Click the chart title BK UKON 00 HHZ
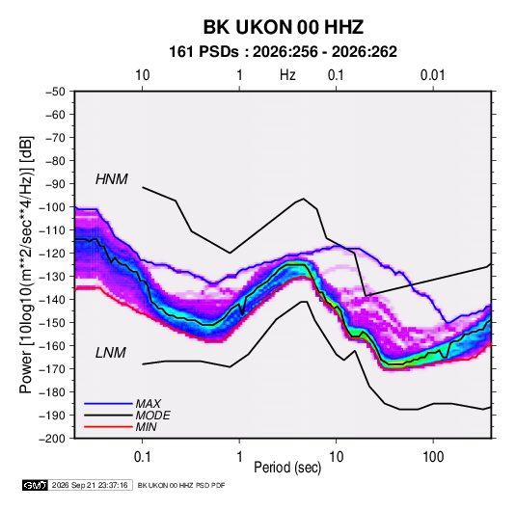coord(284,27)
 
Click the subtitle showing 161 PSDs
coord(283,52)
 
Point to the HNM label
coord(112,179)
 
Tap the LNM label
coord(111,353)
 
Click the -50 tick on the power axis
coord(56,92)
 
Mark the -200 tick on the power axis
coord(53,439)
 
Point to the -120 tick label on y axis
coord(53,254)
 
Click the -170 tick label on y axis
coord(53,369)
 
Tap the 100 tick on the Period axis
coord(433,457)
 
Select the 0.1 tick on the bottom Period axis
coord(142,457)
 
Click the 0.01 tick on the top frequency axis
coord(433,75)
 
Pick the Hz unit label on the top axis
coord(287,75)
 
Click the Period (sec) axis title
coord(287,468)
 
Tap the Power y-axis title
coord(26,265)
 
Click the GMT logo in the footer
coord(35,485)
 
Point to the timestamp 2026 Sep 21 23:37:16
coord(90,485)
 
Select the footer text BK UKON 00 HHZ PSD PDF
coord(181,485)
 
